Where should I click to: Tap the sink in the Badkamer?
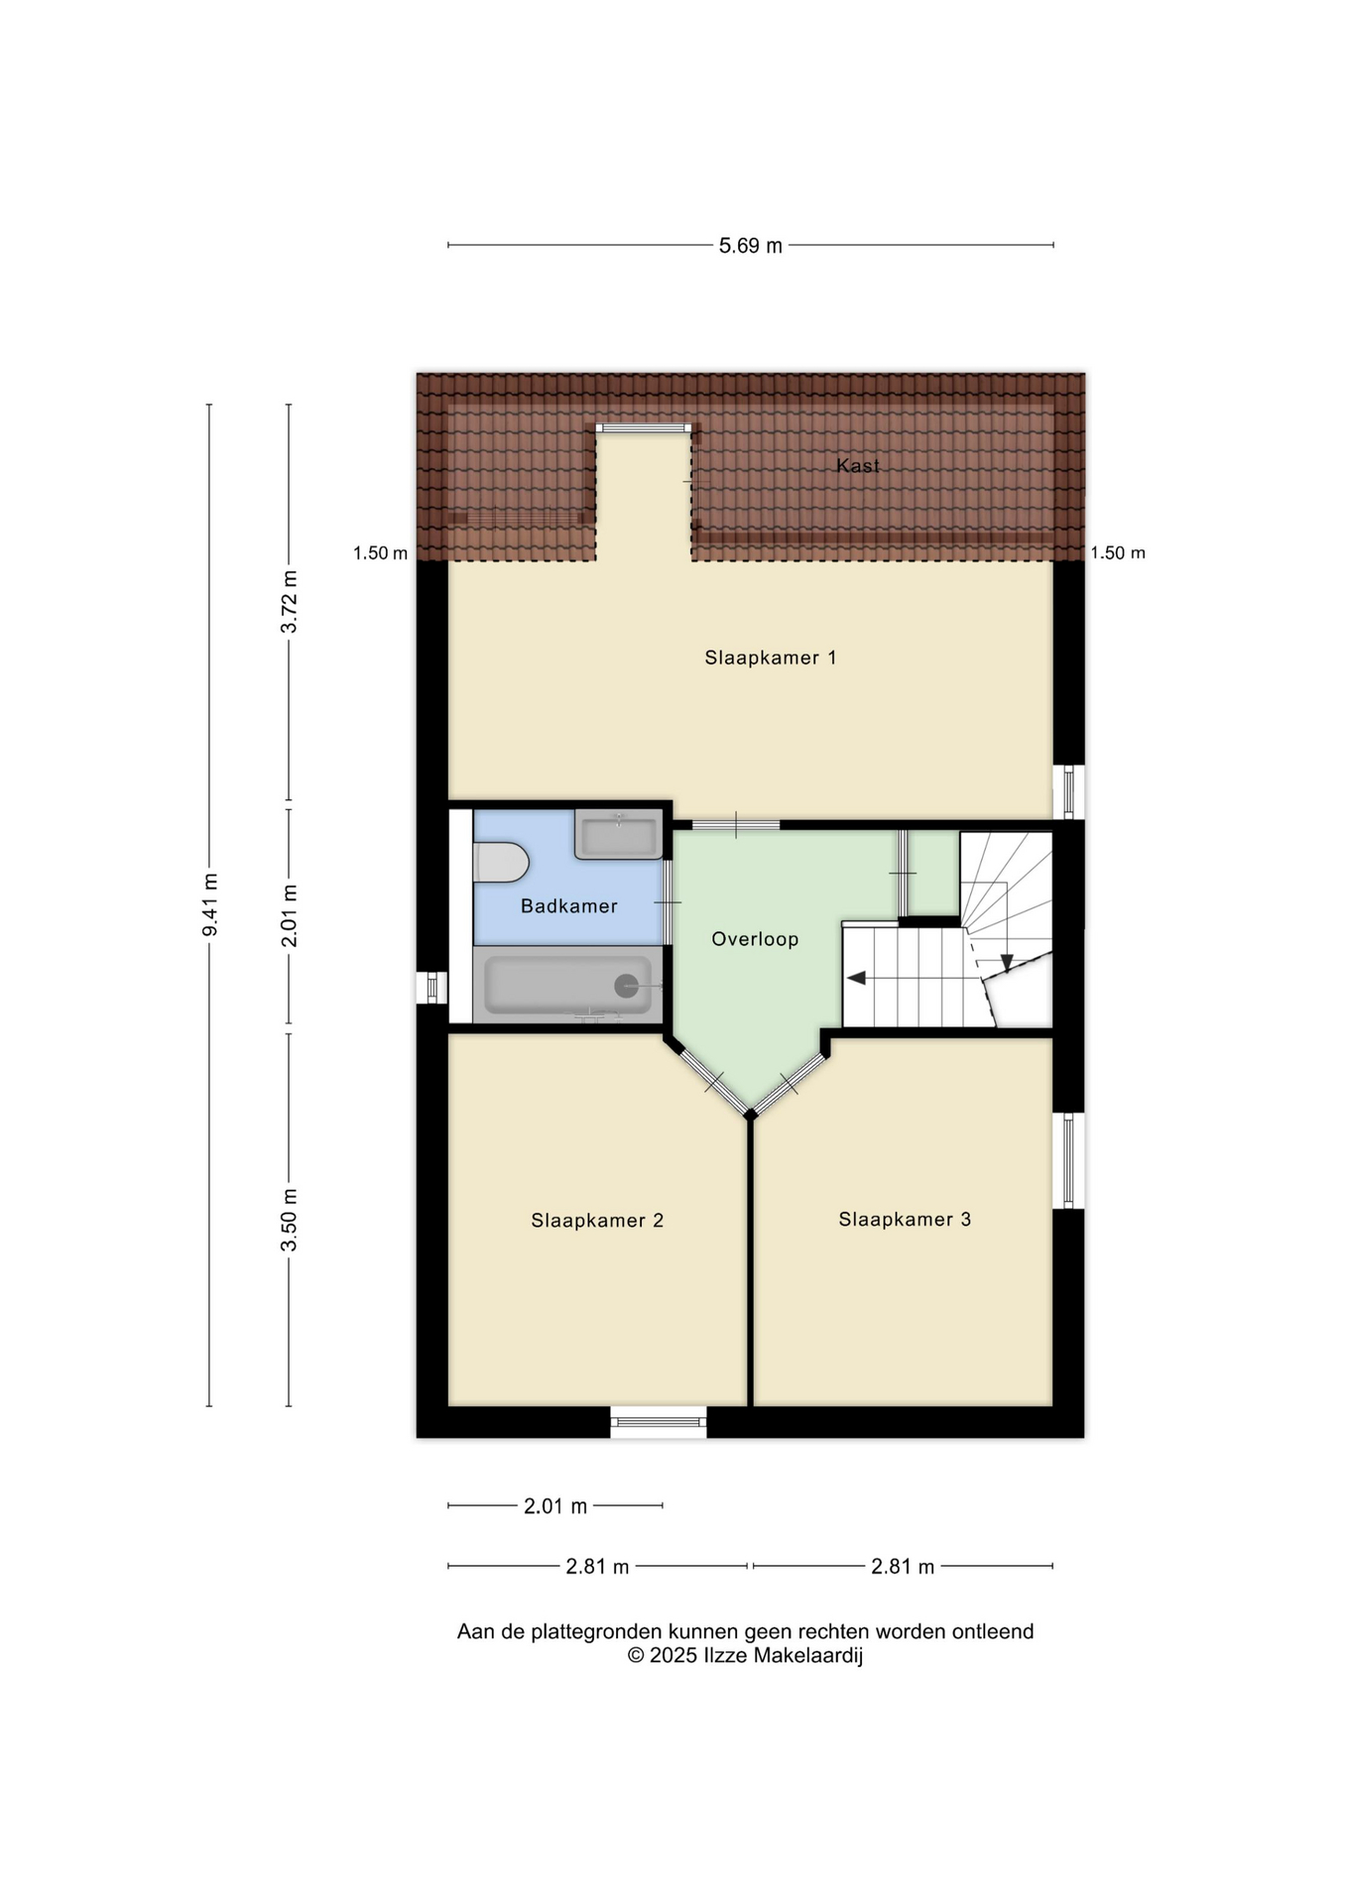coord(618,834)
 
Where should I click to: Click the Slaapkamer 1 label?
coord(771,657)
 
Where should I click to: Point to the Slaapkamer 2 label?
coord(597,1221)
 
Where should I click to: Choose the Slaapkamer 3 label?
coord(905,1220)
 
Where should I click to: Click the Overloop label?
coord(755,939)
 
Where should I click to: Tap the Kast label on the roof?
coord(858,465)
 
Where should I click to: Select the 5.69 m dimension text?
coord(751,246)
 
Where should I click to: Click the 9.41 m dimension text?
coord(209,904)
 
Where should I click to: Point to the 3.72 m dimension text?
coord(289,602)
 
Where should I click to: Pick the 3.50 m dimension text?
coord(289,1219)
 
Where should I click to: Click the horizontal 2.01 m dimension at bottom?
coord(555,1506)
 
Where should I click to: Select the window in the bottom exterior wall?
coord(659,1422)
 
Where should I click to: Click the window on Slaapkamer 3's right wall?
coord(1068,1160)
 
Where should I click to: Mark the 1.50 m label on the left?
coord(380,553)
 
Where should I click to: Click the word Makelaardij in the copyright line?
coord(808,1655)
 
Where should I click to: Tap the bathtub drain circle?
coord(626,986)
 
